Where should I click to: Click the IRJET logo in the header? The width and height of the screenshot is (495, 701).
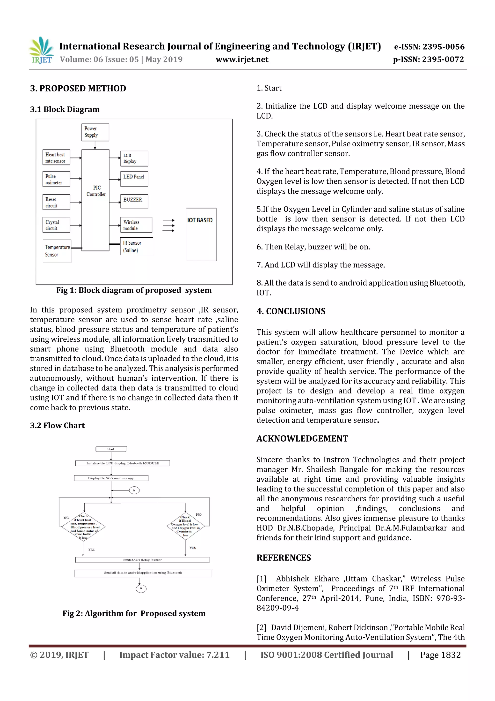tap(41, 50)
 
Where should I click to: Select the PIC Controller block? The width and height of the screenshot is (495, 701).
tap(95, 200)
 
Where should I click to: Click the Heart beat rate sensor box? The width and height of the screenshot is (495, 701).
tap(56, 158)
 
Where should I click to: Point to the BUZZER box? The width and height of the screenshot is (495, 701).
tap(134, 201)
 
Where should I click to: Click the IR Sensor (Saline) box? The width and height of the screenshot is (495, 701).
tap(136, 246)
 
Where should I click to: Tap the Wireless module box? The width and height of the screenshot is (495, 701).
tap(136, 225)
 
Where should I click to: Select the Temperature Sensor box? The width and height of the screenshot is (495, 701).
tap(57, 251)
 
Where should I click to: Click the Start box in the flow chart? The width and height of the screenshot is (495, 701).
tap(111, 449)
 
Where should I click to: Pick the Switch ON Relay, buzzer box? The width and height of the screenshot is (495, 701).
tap(142, 560)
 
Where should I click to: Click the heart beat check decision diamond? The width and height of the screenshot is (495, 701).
tap(84, 527)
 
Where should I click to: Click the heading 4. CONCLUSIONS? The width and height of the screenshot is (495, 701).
tap(291, 311)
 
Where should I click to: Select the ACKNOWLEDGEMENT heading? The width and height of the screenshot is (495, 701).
tap(302, 438)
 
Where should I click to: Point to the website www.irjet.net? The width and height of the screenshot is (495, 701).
tap(242, 60)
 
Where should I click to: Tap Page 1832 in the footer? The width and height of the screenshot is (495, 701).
tap(440, 655)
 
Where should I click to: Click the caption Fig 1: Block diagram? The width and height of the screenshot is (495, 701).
tap(134, 290)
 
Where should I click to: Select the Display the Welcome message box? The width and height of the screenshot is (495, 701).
tap(111, 478)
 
